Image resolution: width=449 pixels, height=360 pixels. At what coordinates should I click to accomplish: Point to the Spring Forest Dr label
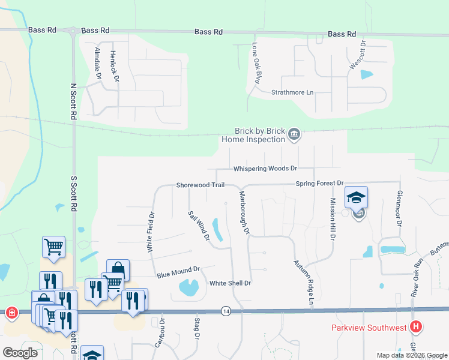319,183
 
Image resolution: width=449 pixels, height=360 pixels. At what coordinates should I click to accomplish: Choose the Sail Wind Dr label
198,226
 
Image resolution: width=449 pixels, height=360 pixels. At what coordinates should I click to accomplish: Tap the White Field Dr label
151,231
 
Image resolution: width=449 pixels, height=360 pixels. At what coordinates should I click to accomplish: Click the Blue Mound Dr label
177,273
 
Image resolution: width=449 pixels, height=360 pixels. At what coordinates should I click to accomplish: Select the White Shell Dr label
229,283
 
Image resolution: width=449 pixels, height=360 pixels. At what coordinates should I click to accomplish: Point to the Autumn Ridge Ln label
304,281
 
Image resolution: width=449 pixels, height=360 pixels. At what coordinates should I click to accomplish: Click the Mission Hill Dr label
331,218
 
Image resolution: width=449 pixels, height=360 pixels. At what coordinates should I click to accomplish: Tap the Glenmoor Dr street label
399,208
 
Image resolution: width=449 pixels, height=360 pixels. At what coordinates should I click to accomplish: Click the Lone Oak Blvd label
256,63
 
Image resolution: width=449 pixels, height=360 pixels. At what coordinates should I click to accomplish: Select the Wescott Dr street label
358,55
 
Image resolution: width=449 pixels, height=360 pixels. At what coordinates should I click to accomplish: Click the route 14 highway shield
225,311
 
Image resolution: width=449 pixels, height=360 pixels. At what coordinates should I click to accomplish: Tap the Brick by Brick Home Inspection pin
294,133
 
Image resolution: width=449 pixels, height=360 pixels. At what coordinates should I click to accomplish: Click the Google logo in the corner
20,352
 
